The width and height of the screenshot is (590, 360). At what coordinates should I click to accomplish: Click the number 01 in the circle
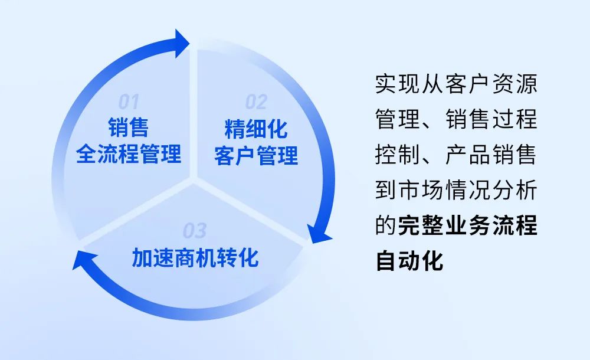129,102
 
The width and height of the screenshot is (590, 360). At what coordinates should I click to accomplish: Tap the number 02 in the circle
256,102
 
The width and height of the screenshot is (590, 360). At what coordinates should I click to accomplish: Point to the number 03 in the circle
195,231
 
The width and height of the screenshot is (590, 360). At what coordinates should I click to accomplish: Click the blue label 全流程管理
129,153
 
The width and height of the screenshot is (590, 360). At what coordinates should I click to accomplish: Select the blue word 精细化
256,129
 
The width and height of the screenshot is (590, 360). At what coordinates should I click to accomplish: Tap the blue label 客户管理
256,156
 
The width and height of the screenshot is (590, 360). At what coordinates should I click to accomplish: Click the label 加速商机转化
195,258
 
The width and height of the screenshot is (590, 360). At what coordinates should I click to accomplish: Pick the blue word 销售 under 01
129,127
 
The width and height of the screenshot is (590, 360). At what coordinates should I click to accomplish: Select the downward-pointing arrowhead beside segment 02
319,234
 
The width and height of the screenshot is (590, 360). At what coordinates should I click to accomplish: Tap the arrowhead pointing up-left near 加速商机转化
84,260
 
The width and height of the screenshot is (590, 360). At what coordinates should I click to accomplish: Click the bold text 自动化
409,261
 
